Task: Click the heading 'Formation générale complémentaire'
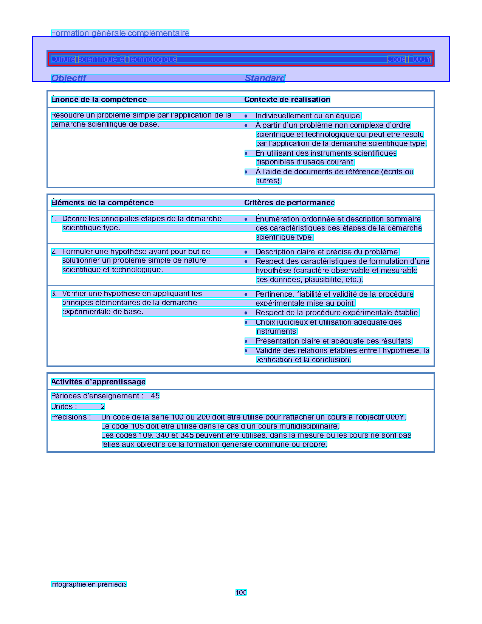coord(120,33)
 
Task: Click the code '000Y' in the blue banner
coord(421,59)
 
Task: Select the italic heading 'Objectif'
coord(68,78)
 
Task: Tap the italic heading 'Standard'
coord(265,78)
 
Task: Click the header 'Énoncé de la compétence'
coord(99,100)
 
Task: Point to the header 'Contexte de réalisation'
coord(287,100)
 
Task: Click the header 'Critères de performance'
coord(289,203)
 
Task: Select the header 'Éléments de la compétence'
coord(102,203)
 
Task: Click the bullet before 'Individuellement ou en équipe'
coord(246,116)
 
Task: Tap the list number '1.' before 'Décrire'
coord(54,219)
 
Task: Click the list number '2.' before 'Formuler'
coord(54,252)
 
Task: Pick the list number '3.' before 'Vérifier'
coord(54,294)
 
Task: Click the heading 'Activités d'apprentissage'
coord(98,382)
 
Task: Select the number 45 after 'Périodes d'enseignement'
coord(155,396)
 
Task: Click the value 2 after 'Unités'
coord(103,407)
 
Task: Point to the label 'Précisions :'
coord(71,417)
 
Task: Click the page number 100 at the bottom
coord(241,593)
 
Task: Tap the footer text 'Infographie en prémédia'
coord(89,584)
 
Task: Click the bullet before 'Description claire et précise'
coord(246,252)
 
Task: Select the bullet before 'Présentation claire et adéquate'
coord(246,341)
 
